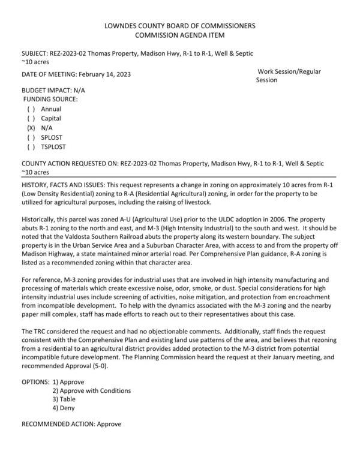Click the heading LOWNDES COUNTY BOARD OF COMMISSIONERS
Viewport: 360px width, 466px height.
[180, 26]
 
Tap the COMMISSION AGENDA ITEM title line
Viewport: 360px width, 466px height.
[180, 35]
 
